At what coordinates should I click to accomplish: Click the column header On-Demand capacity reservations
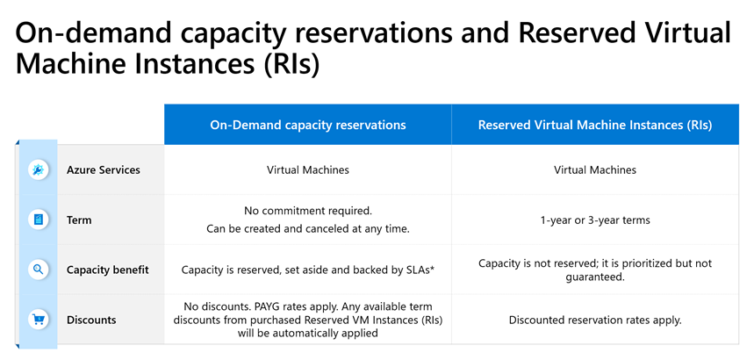tap(307, 125)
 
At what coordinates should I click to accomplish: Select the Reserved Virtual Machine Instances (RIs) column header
tap(594, 125)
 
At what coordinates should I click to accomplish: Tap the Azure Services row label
tap(103, 170)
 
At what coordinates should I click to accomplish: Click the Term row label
tap(79, 220)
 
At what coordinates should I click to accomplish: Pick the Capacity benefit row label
tap(107, 270)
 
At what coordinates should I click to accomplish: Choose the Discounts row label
tap(91, 320)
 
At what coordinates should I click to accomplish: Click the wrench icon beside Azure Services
tap(38, 170)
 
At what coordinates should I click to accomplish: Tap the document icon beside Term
tap(38, 220)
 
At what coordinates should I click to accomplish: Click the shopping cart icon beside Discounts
tap(38, 320)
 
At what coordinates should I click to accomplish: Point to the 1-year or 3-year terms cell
tap(594, 220)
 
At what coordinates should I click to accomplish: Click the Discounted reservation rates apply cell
tap(594, 320)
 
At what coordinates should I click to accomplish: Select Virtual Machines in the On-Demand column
tap(307, 170)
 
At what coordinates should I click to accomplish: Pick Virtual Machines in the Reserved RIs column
tap(594, 170)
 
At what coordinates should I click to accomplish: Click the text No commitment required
tap(307, 211)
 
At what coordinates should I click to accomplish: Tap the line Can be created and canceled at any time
tap(307, 229)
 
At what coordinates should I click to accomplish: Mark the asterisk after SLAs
tap(433, 268)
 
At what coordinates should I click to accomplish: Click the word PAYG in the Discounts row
tap(267, 307)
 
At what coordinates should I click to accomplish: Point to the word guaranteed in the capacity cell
tap(594, 277)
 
